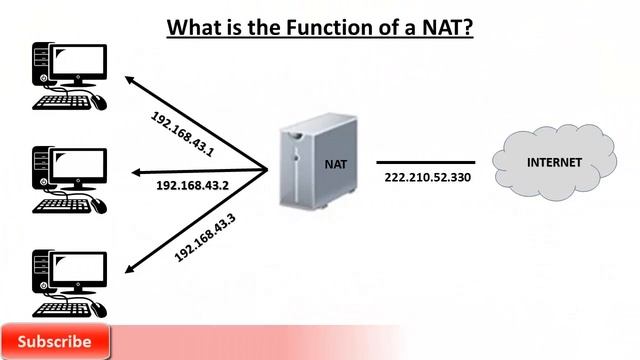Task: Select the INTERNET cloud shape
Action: pos(553,162)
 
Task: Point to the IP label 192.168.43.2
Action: pos(193,185)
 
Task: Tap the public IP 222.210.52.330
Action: pos(427,178)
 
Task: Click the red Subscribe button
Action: pos(55,342)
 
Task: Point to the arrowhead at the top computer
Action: pos(130,78)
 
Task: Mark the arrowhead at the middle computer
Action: pos(129,171)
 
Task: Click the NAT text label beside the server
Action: pos(336,163)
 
